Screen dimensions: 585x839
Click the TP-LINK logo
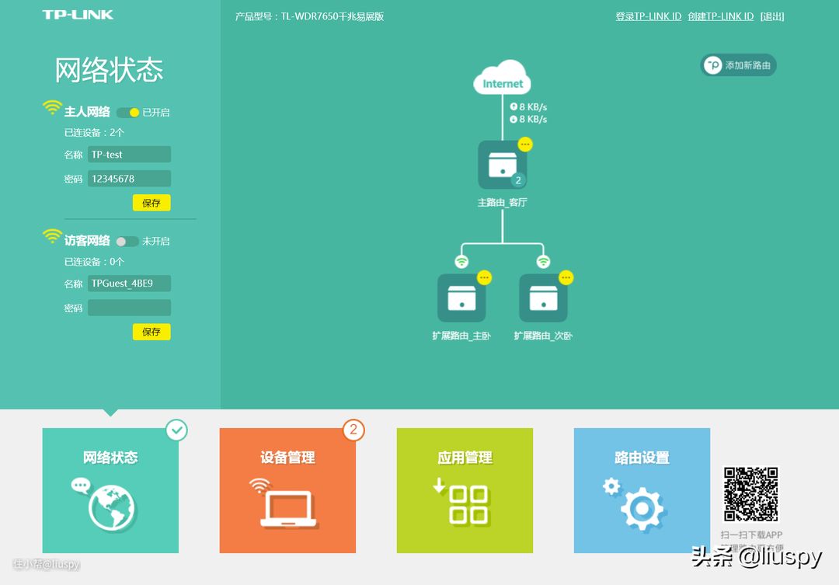click(x=78, y=15)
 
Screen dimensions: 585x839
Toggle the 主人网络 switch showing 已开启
click(x=128, y=113)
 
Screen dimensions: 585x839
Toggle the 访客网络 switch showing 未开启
click(x=127, y=242)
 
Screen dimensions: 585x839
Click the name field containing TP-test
click(x=129, y=155)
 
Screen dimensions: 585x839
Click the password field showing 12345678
click(x=129, y=179)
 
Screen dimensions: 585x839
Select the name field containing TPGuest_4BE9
click(x=129, y=284)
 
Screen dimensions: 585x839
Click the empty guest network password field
click(x=129, y=308)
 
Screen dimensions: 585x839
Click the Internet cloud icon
click(x=503, y=78)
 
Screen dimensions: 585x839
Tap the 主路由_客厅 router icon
click(x=502, y=165)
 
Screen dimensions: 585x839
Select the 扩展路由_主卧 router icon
click(x=461, y=298)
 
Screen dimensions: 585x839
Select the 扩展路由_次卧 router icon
click(x=543, y=298)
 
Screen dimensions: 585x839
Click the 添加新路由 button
click(x=738, y=65)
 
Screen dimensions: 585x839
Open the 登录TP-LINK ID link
click(x=648, y=16)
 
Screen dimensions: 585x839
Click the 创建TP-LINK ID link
click(x=720, y=16)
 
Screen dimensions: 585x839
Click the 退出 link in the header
click(x=772, y=16)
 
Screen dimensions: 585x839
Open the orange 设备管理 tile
click(x=287, y=490)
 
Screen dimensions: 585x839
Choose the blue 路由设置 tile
click(x=642, y=490)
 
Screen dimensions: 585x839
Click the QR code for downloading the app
click(x=750, y=494)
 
